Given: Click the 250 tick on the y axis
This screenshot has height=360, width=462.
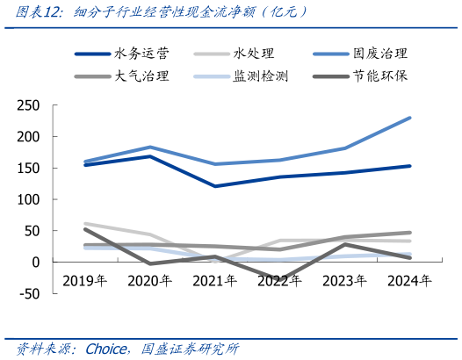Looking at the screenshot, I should coord(28,105).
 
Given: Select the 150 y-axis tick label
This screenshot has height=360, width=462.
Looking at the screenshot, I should coord(28,168).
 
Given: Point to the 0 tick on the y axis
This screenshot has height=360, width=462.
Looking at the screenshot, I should coord(36,262).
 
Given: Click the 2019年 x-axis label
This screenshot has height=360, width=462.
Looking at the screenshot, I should coord(85,281).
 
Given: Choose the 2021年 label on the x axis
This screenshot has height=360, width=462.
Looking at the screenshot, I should coord(215,281).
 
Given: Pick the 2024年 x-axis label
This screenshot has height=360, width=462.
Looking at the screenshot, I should coord(409,281).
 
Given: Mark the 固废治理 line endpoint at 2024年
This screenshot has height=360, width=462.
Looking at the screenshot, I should coord(409,118).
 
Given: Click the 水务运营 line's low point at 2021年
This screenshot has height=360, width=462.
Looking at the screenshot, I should coord(215,186).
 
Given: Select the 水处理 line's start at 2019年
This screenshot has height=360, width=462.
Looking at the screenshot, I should coord(85,224).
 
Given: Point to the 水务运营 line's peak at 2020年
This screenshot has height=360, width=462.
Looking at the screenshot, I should coord(150,156).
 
